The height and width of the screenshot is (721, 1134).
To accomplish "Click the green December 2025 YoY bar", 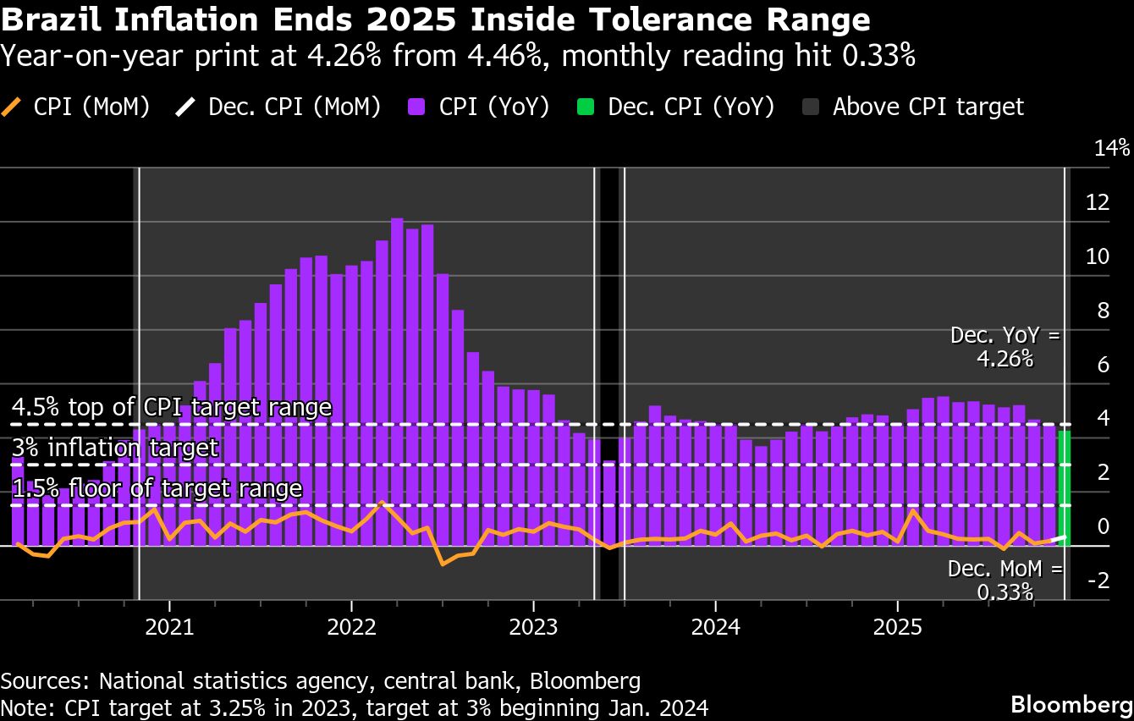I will pos(1064,488).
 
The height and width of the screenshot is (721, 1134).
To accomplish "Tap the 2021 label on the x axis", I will pos(169,628).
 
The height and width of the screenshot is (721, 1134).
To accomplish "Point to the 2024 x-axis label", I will pos(715,628).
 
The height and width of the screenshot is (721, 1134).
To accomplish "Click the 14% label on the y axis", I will pos(1111,149).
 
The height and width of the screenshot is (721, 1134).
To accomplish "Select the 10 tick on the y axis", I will pos(1098,256).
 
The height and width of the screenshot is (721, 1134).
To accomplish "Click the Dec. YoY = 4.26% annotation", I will pos(1005,347).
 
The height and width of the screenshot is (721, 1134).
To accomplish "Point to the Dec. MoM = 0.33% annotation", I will pos(1005,580).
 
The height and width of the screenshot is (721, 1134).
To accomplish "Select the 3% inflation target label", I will pos(116,448).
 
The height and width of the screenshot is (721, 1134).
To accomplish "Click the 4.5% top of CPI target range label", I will pos(172,408).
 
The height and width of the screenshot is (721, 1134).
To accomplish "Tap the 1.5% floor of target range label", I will pos(157,488).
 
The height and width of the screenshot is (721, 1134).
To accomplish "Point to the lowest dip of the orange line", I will pos(443,564).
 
